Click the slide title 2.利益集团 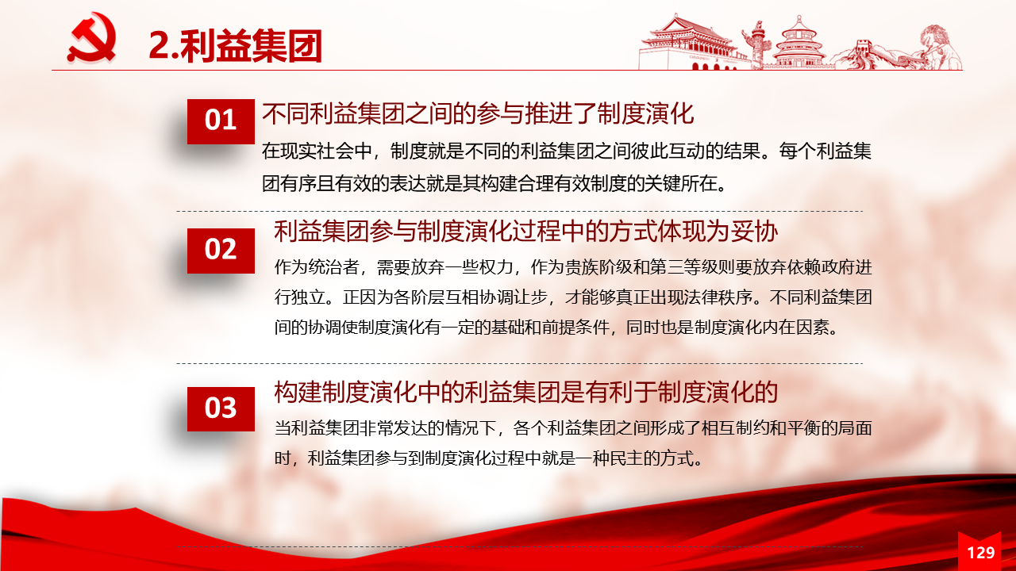pos(235,45)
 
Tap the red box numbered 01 pos(221,121)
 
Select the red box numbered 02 pos(221,251)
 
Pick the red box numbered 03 pos(221,408)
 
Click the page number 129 pos(981,553)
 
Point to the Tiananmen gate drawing pos(690,43)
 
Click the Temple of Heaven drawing pos(799,43)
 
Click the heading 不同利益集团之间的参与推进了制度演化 pos(478,113)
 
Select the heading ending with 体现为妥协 pos(526,231)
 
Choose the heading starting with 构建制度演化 pos(526,392)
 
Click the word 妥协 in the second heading pos(754,231)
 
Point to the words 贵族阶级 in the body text pos(598,267)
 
